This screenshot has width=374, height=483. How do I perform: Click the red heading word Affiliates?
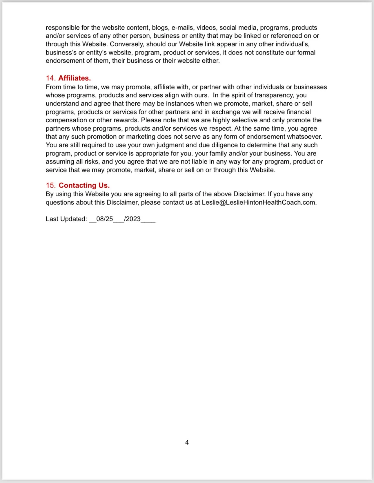point(75,78)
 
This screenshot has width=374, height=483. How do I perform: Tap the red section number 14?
point(50,78)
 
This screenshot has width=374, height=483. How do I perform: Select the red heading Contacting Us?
point(84,186)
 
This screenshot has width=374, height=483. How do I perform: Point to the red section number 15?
point(50,186)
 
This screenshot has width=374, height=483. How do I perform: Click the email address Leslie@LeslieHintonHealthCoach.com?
point(259,203)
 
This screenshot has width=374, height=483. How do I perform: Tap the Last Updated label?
point(66,219)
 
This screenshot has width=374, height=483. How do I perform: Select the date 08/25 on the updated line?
point(104,219)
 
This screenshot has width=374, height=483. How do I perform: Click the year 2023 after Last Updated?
point(133,219)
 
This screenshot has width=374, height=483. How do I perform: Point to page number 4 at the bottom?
point(187,442)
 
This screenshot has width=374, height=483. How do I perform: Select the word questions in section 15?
point(60,203)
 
